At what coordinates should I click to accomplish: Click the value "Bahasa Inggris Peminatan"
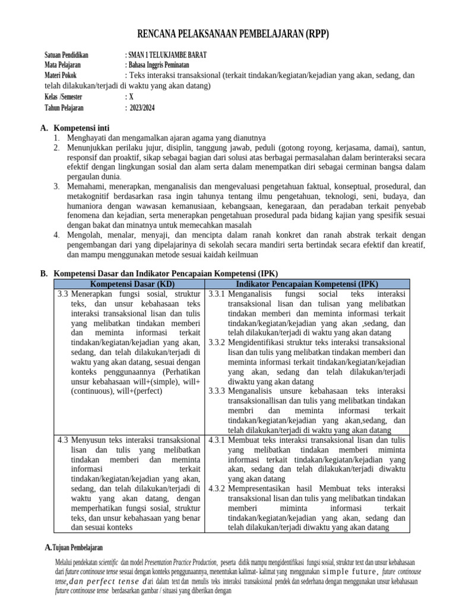[159, 65]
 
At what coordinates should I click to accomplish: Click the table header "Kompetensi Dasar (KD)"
[129, 284]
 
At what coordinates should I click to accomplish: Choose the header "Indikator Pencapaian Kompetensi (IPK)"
[307, 284]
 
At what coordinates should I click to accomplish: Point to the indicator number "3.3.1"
[217, 294]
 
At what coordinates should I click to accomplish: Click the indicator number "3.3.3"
[217, 391]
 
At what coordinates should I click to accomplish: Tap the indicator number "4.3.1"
[217, 440]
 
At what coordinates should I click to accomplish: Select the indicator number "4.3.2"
[217, 489]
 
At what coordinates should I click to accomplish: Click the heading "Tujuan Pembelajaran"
[78, 547]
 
